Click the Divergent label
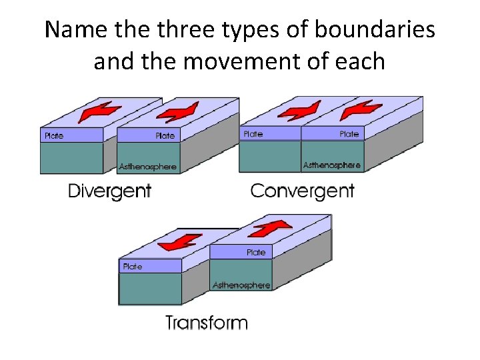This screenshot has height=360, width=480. pyautogui.click(x=110, y=191)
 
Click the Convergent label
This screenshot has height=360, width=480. pyautogui.click(x=302, y=191)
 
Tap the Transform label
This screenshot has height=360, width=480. pyautogui.click(x=207, y=323)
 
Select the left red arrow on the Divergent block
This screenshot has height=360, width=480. pyautogui.click(x=96, y=112)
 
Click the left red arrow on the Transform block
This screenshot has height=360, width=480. pyautogui.click(x=181, y=243)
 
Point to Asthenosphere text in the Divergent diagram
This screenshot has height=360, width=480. pyautogui.click(x=148, y=166)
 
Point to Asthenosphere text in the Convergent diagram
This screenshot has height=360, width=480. pyautogui.click(x=332, y=165)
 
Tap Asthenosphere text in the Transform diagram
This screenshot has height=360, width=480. pyautogui.click(x=241, y=285)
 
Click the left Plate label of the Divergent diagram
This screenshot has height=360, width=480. pyautogui.click(x=54, y=136)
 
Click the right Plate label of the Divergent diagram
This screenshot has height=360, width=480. pyautogui.click(x=165, y=136)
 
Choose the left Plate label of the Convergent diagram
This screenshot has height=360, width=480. pyautogui.click(x=253, y=134)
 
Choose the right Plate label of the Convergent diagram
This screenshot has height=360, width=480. pyautogui.click(x=349, y=134)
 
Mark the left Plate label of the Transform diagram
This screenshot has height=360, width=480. pyautogui.click(x=132, y=267)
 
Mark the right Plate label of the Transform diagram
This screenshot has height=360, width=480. pyautogui.click(x=256, y=253)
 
